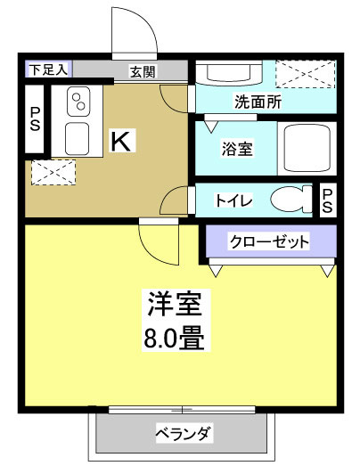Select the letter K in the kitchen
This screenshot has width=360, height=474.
point(119,140)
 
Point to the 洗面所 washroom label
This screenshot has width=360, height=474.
point(258,102)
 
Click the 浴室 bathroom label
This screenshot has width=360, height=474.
point(236,148)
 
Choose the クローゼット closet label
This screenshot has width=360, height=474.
point(268,241)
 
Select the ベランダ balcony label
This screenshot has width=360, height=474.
point(183,436)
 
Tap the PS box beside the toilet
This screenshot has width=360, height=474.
point(327,200)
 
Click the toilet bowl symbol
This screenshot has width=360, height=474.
point(288,200)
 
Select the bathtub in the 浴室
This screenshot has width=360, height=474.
point(307,146)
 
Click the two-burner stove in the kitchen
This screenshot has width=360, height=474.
point(76,99)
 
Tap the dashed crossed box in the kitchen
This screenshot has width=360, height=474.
point(47,171)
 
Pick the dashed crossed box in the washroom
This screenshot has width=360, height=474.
point(305,75)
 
